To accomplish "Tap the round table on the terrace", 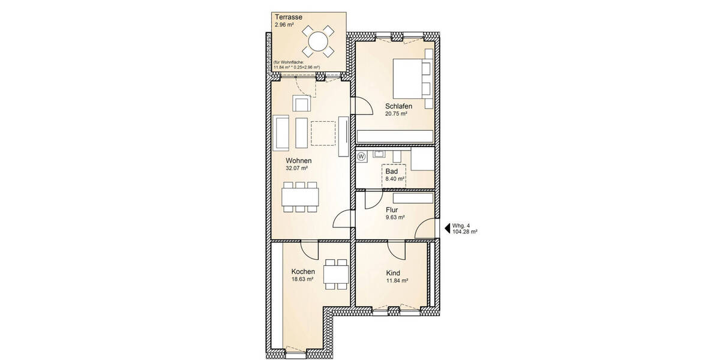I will click(x=318, y=41).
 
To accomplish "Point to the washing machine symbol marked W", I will click(x=361, y=157).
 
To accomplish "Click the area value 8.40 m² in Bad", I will click(x=395, y=179).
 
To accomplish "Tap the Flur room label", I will click(x=392, y=209).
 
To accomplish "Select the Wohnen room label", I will click(x=298, y=161).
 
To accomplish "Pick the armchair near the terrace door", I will click(x=301, y=103).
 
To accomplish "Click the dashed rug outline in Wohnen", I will click(x=323, y=133).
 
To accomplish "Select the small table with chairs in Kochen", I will click(x=335, y=274).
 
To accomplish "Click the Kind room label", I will click(x=393, y=272).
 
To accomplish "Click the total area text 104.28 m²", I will click(x=465, y=231).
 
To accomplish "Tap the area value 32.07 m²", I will click(x=296, y=169).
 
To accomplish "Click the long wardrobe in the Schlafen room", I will click(x=395, y=136).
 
